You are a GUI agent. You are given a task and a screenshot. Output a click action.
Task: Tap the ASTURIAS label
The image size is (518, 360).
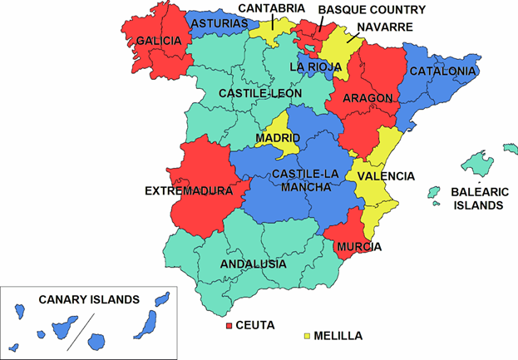point(219,24)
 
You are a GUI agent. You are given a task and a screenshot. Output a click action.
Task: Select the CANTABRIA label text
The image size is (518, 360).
point(272,8)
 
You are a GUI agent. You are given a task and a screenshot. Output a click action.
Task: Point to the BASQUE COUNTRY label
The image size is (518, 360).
point(372,10)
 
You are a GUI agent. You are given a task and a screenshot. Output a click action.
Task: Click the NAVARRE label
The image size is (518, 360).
point(386,27)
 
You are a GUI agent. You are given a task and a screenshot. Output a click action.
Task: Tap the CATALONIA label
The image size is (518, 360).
point(442,72)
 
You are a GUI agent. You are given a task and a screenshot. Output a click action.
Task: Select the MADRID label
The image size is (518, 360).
point(278,137)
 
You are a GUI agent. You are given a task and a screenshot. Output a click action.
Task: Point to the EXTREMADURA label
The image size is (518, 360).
point(189,190)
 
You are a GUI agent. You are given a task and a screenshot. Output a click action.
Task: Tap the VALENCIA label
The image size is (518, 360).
point(386,175)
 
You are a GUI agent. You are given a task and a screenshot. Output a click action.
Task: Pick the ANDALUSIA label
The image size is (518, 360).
point(254,264)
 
